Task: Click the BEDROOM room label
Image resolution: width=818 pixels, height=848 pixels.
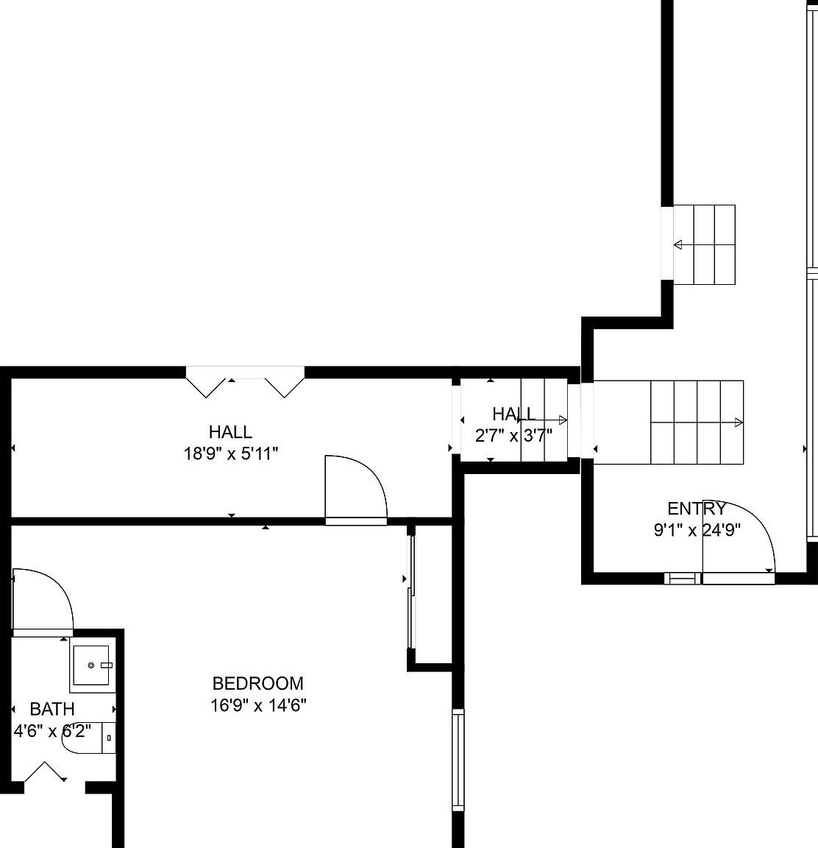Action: (x=257, y=684)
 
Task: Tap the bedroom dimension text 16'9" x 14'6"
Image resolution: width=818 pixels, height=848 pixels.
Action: (x=257, y=706)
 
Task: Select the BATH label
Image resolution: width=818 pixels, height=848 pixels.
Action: (x=52, y=710)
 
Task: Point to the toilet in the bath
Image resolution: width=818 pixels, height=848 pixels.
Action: (x=86, y=738)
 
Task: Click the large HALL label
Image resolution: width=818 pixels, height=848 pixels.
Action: (x=230, y=432)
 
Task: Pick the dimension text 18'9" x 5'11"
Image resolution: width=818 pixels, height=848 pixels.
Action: (x=230, y=454)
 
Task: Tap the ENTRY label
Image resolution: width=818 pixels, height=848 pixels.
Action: (x=696, y=509)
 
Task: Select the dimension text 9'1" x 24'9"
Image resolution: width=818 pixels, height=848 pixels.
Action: (x=696, y=529)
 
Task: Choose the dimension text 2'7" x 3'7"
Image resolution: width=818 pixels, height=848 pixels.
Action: (x=513, y=436)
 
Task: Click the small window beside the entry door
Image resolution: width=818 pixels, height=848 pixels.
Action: (x=683, y=578)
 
